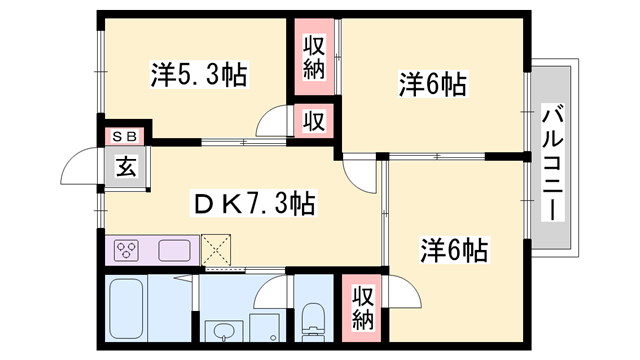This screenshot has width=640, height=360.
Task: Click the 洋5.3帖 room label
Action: tap(199, 74)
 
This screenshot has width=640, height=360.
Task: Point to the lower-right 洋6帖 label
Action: tap(455, 249)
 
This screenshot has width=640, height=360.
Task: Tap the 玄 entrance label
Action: tap(127, 166)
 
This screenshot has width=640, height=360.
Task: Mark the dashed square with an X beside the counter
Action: tap(215, 249)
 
